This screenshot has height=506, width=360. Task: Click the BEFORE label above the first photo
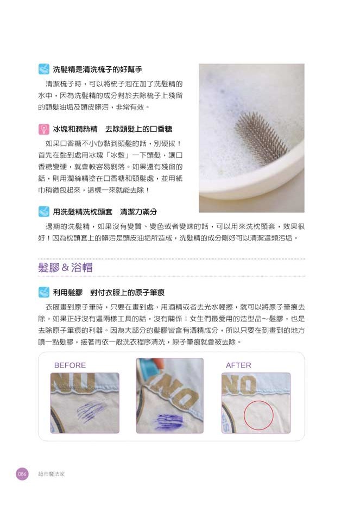click(x=70, y=365)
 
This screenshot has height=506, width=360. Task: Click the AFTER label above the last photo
click(x=238, y=365)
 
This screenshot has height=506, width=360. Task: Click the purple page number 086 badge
click(x=22, y=474)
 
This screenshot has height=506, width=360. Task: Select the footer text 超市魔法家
click(x=52, y=474)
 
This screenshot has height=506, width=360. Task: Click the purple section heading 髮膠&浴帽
click(x=65, y=268)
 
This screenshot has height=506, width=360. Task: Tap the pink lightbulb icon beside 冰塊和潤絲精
click(x=44, y=129)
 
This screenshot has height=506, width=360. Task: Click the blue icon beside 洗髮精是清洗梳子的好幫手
click(x=44, y=69)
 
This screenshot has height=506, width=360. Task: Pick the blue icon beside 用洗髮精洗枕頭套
click(x=44, y=212)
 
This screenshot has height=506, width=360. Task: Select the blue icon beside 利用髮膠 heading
click(x=44, y=293)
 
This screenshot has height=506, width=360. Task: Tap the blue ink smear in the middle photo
click(x=168, y=421)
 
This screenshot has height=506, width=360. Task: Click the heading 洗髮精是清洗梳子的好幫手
click(x=97, y=69)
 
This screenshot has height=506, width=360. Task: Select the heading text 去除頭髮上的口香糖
click(x=138, y=129)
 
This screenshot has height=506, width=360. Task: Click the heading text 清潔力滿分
click(x=138, y=212)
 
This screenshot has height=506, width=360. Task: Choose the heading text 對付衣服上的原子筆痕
click(x=128, y=293)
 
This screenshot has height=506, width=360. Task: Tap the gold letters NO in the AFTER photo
click(x=239, y=383)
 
